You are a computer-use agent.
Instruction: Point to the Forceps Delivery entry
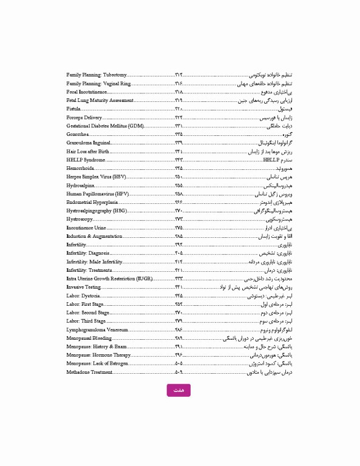(84, 116)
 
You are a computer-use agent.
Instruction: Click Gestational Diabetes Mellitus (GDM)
(104, 125)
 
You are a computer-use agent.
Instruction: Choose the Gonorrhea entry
(78, 133)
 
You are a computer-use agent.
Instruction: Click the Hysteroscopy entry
(80, 218)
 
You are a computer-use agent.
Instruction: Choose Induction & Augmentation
(95, 235)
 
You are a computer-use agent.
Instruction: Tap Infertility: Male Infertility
(95, 261)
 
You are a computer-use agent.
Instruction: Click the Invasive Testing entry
(84, 286)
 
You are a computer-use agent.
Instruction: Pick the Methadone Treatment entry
(89, 371)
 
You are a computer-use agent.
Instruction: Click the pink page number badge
(178, 390)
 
